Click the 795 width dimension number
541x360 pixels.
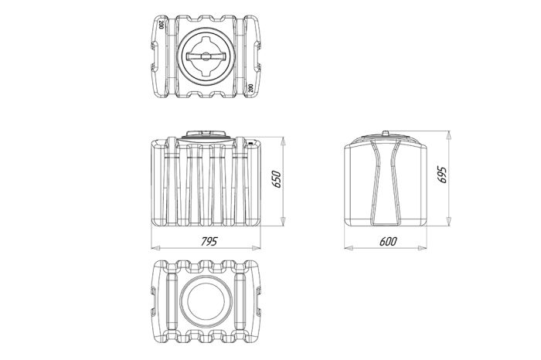point(209,241)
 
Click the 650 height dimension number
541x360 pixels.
point(277,179)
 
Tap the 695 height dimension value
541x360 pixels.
point(441,175)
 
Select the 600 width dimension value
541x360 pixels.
point(388,241)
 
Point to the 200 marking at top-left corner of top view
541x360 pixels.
point(161,25)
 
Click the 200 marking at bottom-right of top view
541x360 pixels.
point(250,88)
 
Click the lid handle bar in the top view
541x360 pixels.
point(206,56)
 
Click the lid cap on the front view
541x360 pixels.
point(206,134)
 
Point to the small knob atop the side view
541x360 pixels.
point(386,133)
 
